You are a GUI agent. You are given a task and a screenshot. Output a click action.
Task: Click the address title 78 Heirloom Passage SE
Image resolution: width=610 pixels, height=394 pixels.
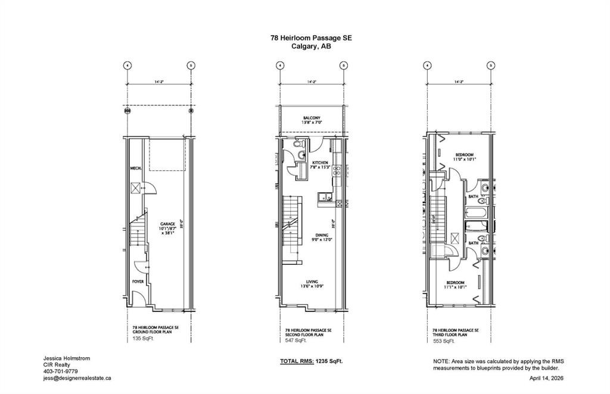pyautogui.click(x=311, y=37)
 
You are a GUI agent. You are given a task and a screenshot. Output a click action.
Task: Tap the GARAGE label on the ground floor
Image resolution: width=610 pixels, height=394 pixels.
pyautogui.click(x=167, y=224)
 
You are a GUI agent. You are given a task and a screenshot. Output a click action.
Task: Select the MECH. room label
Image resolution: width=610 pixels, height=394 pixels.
pyautogui.click(x=135, y=168)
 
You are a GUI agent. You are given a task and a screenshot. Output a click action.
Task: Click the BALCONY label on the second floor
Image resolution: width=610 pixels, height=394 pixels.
pyautogui.click(x=311, y=118)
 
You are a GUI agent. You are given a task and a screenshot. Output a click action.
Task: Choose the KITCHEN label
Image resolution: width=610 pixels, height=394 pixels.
pyautogui.click(x=320, y=162)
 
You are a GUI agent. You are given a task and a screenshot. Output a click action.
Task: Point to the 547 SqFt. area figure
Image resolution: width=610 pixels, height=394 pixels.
pyautogui.click(x=295, y=340)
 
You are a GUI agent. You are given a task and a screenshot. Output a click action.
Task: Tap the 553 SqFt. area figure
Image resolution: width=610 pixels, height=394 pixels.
pyautogui.click(x=444, y=340)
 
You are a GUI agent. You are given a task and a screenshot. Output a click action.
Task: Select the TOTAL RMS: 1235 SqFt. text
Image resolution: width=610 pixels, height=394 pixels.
pyautogui.click(x=312, y=361)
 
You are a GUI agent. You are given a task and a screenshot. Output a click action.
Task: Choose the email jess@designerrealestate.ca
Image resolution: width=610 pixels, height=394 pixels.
pyautogui.click(x=77, y=378)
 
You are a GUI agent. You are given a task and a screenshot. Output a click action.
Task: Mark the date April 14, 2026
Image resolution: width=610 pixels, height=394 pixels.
pyautogui.click(x=546, y=378)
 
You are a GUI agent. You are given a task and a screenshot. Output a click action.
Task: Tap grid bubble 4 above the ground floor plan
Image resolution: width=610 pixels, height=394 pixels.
pyautogui.click(x=127, y=65)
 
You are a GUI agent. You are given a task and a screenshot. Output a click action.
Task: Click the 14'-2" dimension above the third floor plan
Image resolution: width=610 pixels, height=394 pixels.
pyautogui.click(x=459, y=82)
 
